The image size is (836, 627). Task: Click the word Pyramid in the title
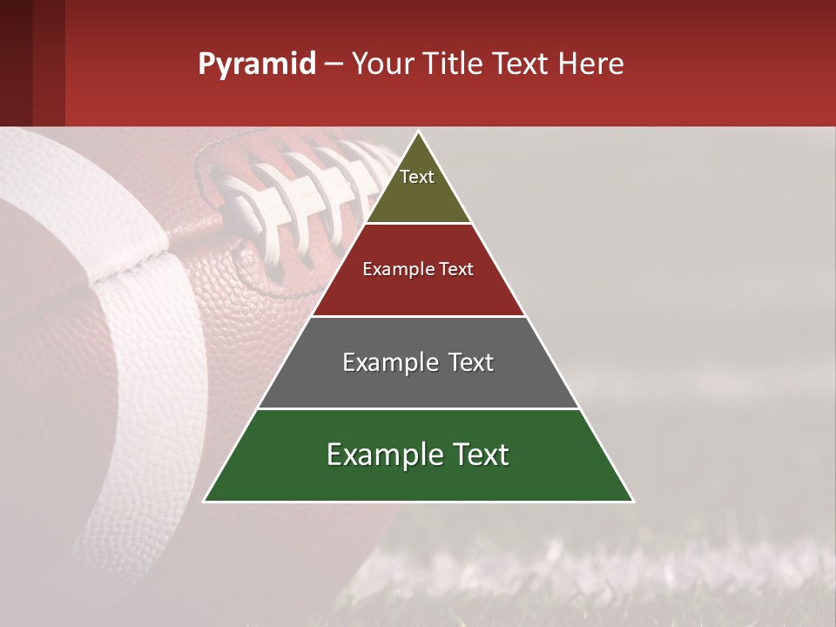click(x=256, y=64)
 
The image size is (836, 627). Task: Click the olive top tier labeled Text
click(x=418, y=187)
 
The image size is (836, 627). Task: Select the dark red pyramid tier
click(x=418, y=287)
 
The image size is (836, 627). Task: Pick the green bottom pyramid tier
click(x=418, y=475)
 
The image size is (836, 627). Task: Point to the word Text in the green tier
click(x=482, y=455)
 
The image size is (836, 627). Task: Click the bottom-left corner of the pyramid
click(x=206, y=501)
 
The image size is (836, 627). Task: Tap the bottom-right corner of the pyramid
click(x=632, y=501)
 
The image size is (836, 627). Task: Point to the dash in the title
click(x=334, y=64)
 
